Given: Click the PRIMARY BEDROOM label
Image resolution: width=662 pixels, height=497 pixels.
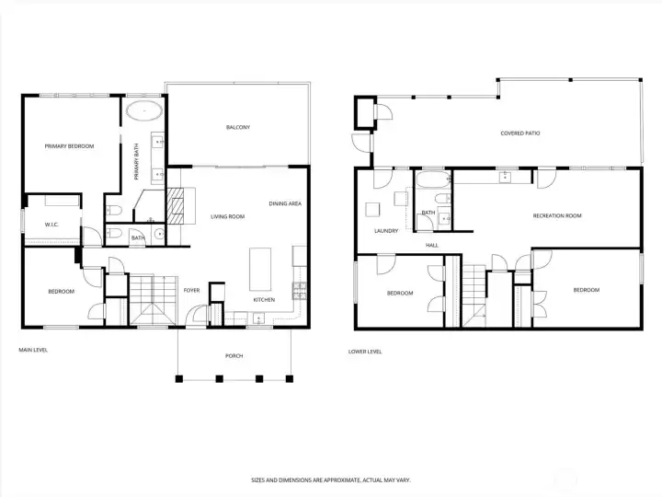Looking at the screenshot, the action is click(x=69, y=146).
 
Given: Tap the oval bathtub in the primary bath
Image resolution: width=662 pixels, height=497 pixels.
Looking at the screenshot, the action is click(x=144, y=111).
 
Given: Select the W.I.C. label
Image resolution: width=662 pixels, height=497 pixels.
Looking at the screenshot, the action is click(x=51, y=225).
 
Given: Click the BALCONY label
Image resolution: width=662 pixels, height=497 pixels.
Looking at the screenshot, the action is click(x=238, y=127).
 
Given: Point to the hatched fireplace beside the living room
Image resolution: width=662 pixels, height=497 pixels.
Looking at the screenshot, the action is click(x=176, y=206).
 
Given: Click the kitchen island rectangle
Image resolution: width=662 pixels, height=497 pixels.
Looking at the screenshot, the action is click(x=260, y=269).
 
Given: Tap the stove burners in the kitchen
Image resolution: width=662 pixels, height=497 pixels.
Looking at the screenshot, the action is click(x=300, y=291).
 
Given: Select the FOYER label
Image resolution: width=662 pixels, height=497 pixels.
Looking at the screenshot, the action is click(x=191, y=290).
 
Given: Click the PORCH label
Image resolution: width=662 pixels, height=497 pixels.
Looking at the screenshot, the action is click(x=234, y=356).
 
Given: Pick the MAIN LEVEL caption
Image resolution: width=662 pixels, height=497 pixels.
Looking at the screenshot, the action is click(x=33, y=350).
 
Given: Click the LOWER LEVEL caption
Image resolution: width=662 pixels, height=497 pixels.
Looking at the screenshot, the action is click(x=365, y=352).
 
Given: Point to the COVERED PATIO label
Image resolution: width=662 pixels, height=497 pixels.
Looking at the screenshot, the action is click(x=520, y=133).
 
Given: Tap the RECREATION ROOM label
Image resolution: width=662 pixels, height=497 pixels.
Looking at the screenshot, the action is click(x=557, y=215).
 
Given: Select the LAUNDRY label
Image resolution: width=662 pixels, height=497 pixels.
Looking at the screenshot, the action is click(x=386, y=231).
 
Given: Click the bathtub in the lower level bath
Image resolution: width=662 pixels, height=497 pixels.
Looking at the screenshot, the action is click(x=433, y=180).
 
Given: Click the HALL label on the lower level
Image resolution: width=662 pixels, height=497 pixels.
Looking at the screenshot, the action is click(x=432, y=245).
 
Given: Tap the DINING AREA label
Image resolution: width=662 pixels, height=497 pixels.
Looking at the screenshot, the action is click(x=285, y=203).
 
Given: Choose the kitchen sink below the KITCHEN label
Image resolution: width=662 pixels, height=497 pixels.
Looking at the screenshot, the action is click(x=258, y=318).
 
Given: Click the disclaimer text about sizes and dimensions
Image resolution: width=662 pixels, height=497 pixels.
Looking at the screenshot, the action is click(x=331, y=480).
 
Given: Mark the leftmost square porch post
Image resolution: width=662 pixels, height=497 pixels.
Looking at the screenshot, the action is click(x=179, y=378).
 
